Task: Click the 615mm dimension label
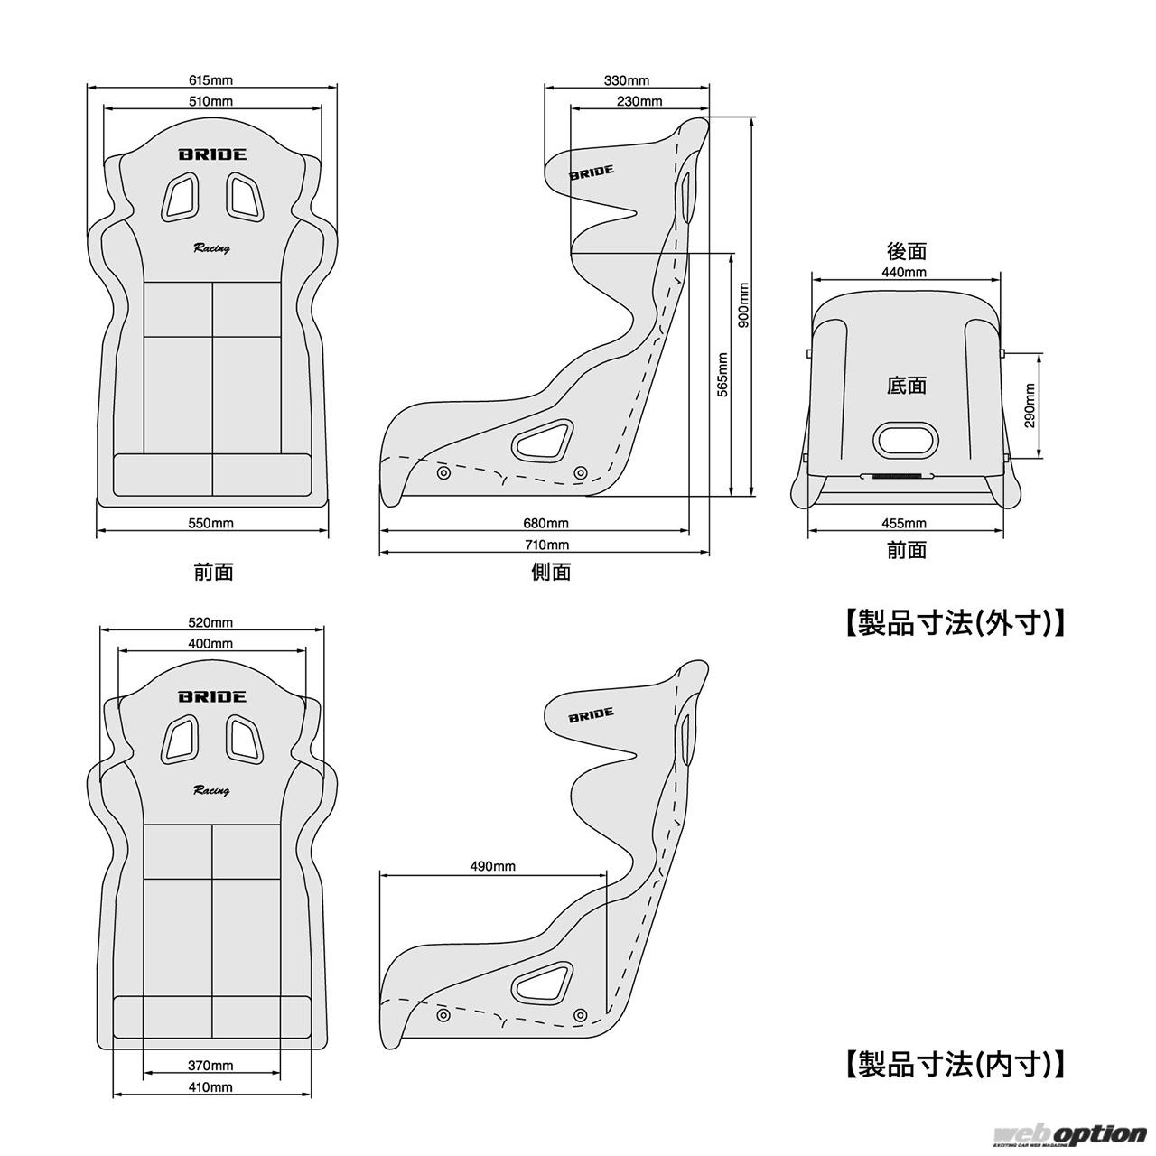tap(210, 79)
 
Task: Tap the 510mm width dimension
tap(210, 101)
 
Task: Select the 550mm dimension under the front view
tap(210, 523)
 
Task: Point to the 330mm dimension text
tap(626, 79)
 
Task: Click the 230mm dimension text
tap(639, 101)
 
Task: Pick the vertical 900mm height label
tap(744, 305)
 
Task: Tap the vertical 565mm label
tap(722, 374)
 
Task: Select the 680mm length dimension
tap(545, 523)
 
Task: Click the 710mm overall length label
tap(545, 545)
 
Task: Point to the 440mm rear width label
tap(903, 273)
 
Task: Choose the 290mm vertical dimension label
tap(1030, 406)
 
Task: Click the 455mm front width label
tap(903, 523)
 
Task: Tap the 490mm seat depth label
tap(492, 866)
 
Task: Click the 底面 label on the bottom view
tap(907, 385)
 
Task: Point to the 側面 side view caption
tap(551, 572)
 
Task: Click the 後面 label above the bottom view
tap(907, 251)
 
